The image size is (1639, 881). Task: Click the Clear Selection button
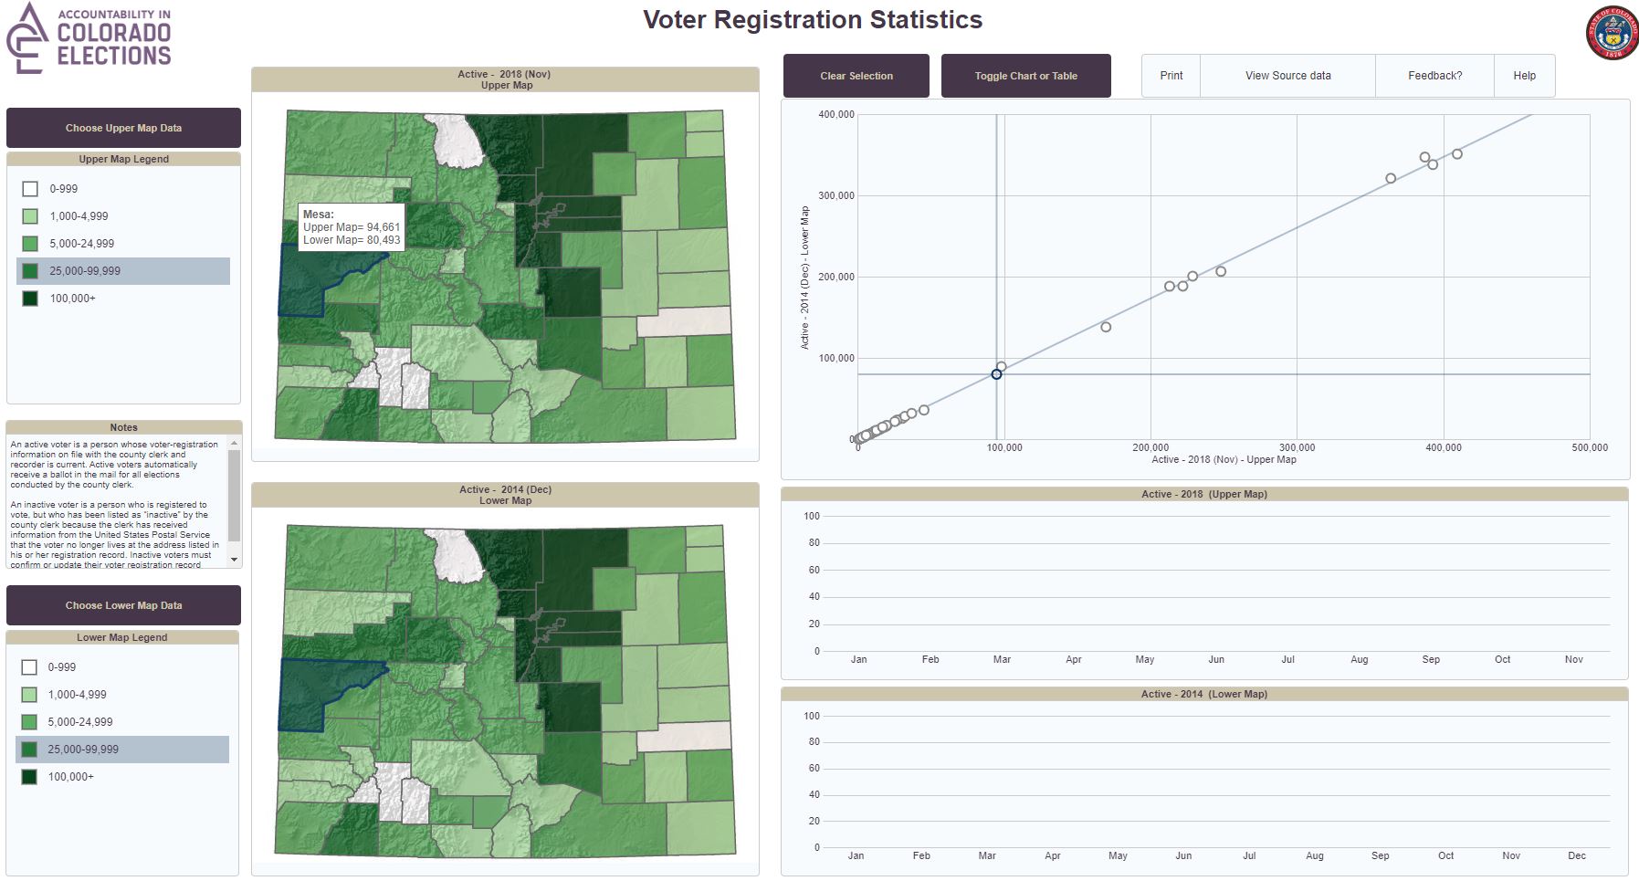856,76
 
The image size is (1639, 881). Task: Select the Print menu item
1171,76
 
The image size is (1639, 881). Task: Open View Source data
1287,76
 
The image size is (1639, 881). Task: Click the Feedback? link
1434,76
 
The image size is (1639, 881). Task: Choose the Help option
1524,76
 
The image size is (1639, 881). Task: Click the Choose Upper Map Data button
123,128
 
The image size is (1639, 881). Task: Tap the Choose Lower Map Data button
123,605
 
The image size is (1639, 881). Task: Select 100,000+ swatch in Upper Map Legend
30,299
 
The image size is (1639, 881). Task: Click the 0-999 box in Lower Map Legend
29,667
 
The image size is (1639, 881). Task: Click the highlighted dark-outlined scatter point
996,374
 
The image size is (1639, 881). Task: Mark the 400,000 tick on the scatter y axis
836,115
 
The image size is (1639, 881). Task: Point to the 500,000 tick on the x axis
1590,447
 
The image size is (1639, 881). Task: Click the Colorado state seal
1612,34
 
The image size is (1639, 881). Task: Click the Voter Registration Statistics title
813,20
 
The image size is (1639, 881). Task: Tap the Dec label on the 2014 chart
1577,856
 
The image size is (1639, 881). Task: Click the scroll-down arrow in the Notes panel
235,559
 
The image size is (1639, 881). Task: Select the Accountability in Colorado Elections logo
89,38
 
